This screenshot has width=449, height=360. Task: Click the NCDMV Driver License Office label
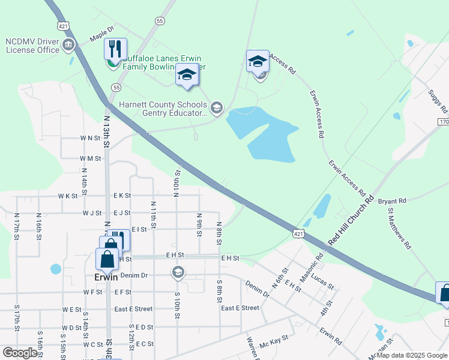(32, 46)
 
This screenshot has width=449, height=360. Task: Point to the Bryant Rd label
(392, 201)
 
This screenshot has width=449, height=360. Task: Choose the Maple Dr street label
(102, 36)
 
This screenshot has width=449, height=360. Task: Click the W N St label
(90, 138)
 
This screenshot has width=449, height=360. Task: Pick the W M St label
(90, 158)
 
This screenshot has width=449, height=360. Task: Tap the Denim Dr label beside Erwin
(134, 275)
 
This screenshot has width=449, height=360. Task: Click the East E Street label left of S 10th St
(133, 309)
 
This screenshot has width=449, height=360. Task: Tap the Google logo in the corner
(20, 353)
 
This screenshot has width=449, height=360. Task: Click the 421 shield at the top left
(64, 25)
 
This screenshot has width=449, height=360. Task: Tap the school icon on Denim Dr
(178, 273)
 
